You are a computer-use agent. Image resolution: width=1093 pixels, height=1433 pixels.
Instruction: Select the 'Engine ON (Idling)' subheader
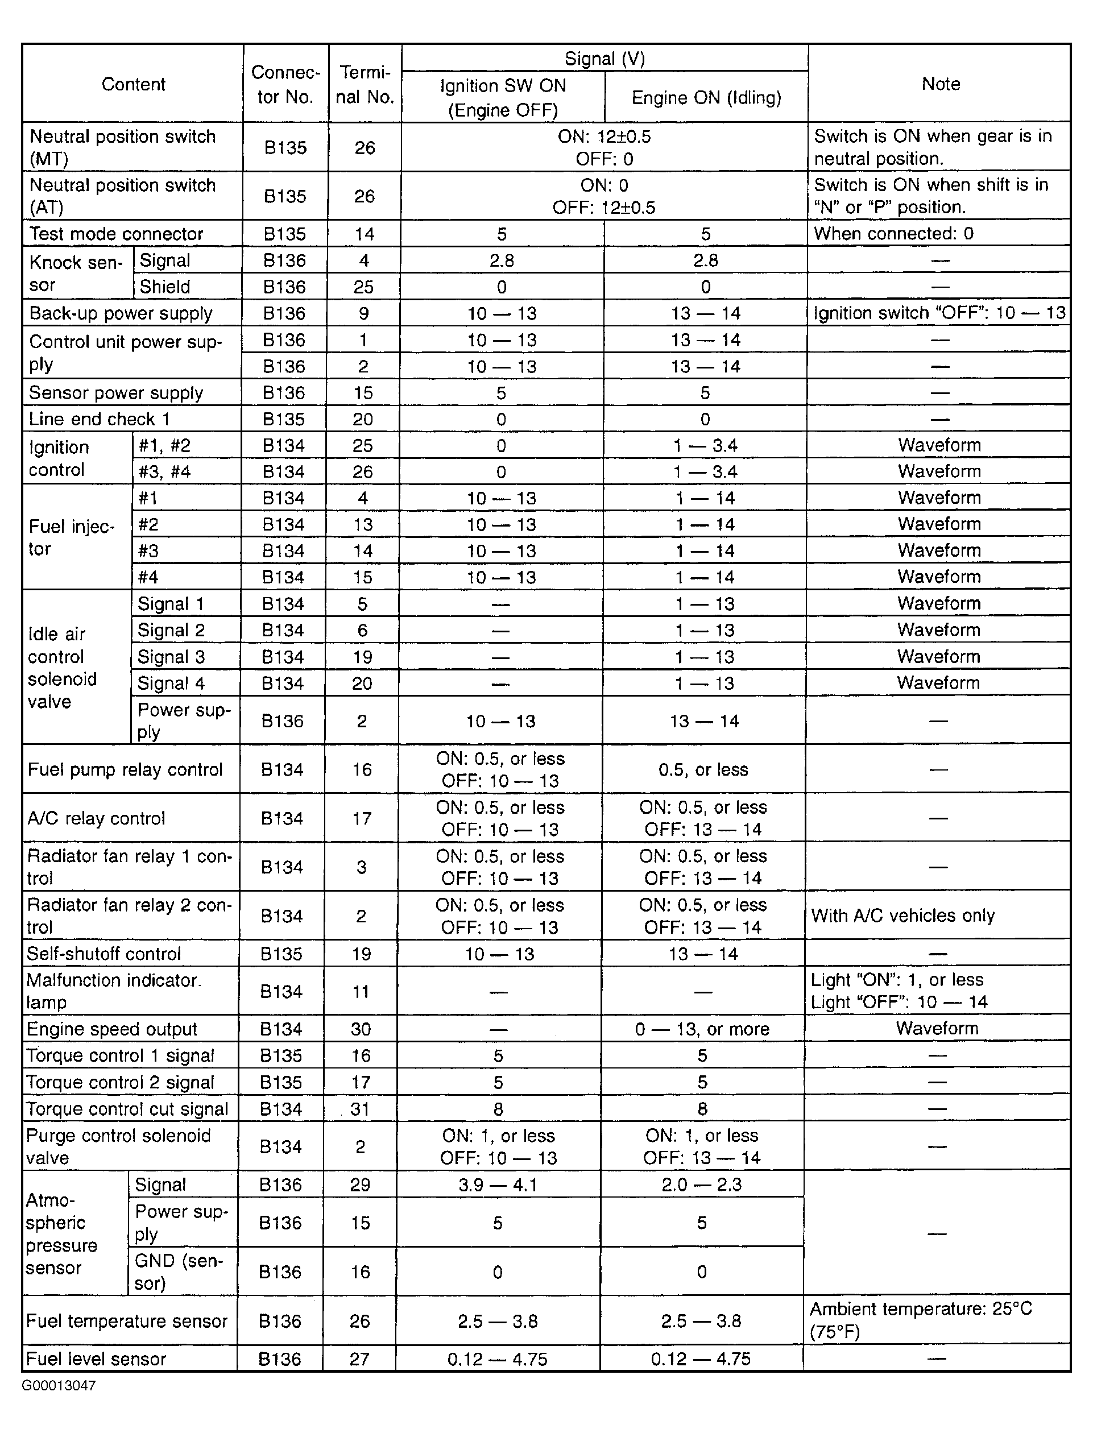[706, 98]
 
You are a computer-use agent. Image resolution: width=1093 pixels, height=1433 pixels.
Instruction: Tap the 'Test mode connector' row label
[117, 234]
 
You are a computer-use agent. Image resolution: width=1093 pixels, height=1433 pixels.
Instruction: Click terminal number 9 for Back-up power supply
[364, 313]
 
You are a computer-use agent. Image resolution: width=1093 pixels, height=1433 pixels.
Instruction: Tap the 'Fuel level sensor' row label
[96, 1359]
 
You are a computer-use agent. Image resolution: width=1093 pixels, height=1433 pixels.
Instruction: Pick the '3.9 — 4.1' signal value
[498, 1184]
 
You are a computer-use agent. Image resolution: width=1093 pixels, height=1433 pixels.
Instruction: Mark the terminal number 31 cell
[360, 1108]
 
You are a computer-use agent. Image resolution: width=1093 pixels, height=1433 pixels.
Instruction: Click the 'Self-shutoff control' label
[103, 954]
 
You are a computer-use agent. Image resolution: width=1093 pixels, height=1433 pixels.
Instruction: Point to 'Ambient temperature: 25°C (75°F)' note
[920, 1320]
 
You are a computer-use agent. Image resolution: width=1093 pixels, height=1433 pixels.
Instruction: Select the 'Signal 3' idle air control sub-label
[171, 657]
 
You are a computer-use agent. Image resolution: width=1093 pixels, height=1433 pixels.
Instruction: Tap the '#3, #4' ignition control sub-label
[164, 471]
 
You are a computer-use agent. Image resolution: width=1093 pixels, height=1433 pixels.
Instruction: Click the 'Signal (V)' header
[605, 59]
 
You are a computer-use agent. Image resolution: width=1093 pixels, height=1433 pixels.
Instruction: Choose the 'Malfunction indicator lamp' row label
[113, 991]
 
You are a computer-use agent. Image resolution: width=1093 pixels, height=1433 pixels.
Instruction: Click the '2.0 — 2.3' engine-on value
[701, 1184]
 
